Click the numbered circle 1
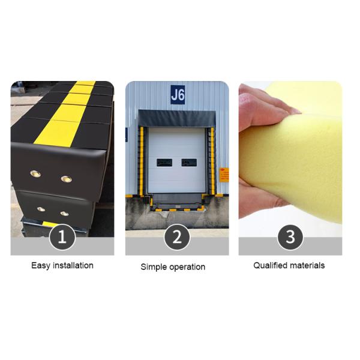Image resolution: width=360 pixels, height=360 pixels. [62, 237]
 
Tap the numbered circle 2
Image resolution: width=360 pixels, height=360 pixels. [177, 237]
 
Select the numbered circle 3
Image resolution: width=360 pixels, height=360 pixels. [290, 237]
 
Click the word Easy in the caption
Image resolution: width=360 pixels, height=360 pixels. [41, 266]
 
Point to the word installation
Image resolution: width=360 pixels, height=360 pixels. [73, 265]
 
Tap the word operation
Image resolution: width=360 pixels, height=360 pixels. [187, 267]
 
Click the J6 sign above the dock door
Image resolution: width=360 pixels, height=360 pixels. [178, 95]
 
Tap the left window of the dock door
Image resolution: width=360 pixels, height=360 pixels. [164, 163]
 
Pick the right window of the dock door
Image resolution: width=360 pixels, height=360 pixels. [189, 163]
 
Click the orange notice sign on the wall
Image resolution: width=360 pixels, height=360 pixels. [224, 175]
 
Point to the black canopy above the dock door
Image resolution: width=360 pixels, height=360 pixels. [177, 118]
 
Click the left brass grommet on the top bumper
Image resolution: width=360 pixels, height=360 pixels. [35, 174]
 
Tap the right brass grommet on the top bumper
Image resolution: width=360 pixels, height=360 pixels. [67, 179]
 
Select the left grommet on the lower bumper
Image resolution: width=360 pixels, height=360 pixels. [41, 209]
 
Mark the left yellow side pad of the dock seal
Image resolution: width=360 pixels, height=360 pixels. [142, 161]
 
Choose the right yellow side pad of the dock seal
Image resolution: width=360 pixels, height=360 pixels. [212, 161]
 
